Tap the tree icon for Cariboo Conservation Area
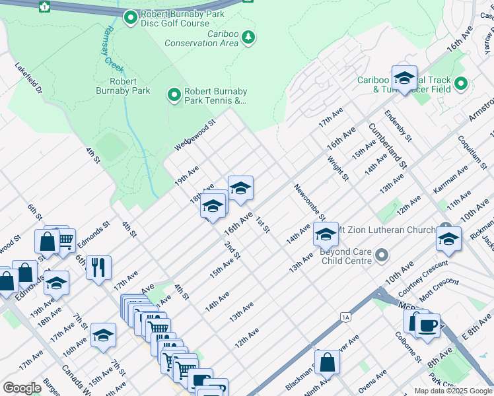click(x=248, y=36)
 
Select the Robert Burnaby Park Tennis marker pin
click(x=174, y=96)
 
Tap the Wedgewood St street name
click(x=195, y=135)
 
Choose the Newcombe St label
click(x=310, y=202)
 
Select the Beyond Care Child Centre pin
click(x=381, y=255)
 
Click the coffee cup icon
click(x=427, y=325)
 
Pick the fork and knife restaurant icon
click(x=98, y=267)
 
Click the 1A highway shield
click(x=345, y=317)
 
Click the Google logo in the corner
click(x=21, y=388)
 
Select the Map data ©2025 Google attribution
click(x=452, y=391)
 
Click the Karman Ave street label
click(x=450, y=179)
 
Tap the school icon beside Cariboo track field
click(x=404, y=77)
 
